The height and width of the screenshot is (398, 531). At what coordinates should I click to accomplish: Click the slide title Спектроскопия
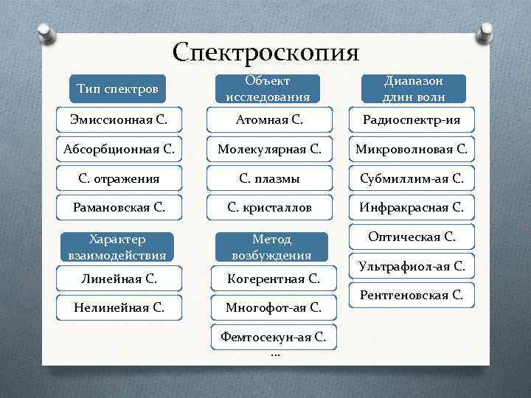click(x=265, y=52)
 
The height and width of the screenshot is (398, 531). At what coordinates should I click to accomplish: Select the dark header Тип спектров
click(x=117, y=89)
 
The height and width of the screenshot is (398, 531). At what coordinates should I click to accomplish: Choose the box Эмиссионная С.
click(x=117, y=119)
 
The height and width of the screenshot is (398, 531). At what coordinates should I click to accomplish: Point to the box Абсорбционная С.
click(x=118, y=149)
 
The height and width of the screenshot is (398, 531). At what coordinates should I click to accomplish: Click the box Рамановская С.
click(x=118, y=208)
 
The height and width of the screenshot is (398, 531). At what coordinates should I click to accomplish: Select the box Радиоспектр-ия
click(x=412, y=119)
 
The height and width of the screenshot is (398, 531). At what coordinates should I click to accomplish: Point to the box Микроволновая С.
click(x=412, y=149)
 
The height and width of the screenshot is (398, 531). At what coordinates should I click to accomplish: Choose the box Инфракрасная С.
click(x=412, y=208)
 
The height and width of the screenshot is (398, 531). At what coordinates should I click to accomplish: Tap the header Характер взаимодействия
click(x=118, y=247)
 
